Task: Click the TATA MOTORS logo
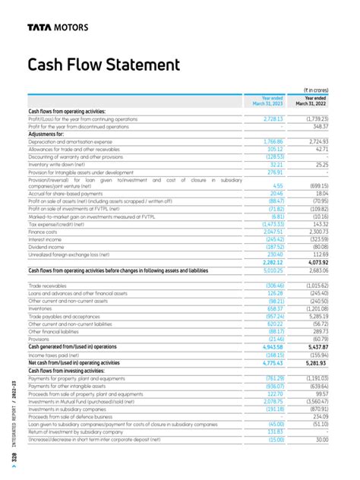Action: (57, 27)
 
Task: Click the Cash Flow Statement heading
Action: (103, 65)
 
